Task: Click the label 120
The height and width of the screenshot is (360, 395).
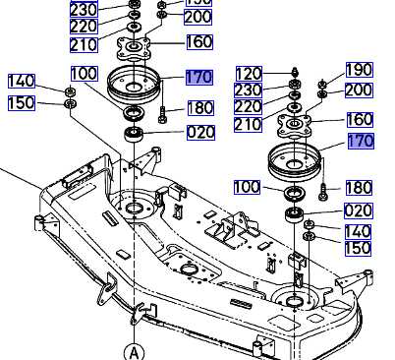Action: point(250,74)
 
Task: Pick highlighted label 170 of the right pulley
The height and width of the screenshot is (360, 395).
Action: point(360,142)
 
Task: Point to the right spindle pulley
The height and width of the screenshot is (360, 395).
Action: point(296,157)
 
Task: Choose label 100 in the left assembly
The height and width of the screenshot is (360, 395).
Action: point(85,74)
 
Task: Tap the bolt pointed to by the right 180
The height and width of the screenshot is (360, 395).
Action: point(323,187)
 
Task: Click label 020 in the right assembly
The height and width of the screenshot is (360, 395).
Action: point(360,210)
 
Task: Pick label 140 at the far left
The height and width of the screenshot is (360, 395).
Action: point(22,81)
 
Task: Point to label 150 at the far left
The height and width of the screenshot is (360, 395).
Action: point(22,103)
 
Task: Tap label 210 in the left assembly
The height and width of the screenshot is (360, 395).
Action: point(85,44)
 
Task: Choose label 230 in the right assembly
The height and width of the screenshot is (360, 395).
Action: point(250,90)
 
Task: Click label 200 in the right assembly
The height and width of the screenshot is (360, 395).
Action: point(360,90)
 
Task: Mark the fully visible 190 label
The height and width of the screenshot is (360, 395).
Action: point(360,69)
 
